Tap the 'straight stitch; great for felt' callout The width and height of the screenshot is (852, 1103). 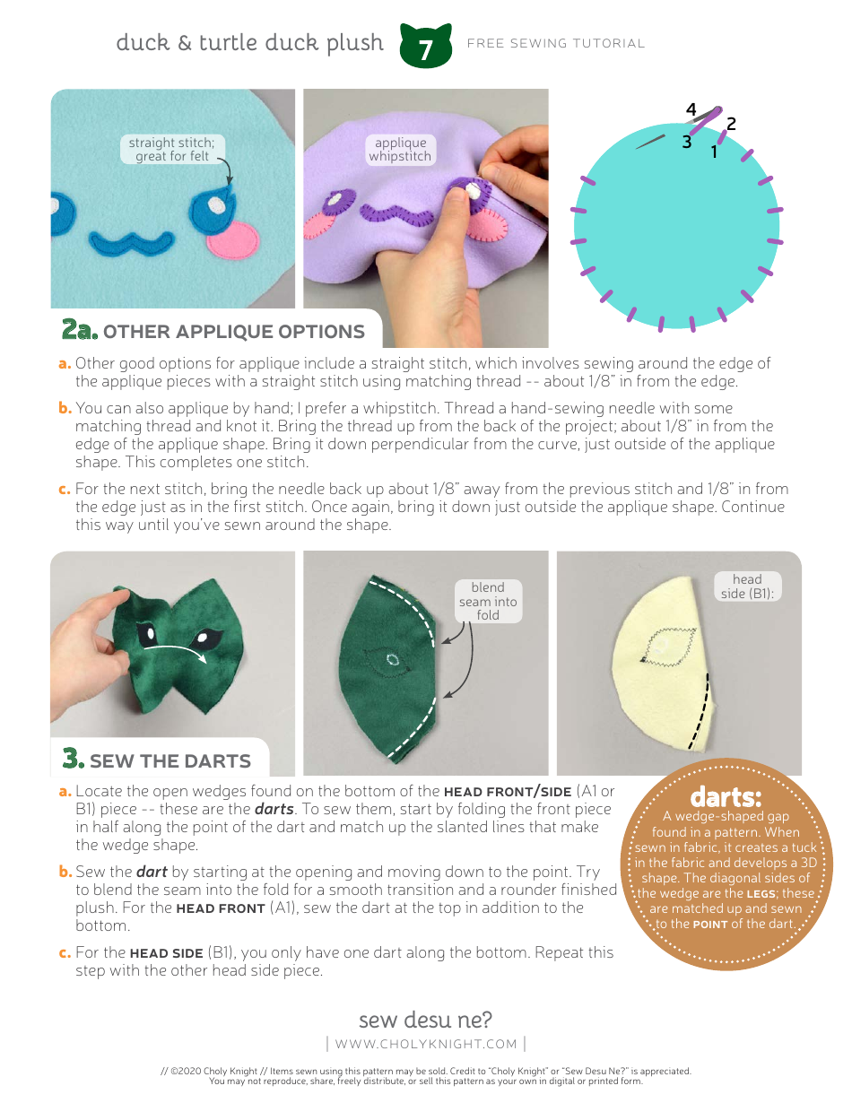[x=172, y=149]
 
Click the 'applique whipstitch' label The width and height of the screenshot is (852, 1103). [x=400, y=149]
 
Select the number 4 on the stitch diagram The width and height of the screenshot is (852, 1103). [x=691, y=110]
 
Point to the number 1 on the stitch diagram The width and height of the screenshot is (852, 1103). [x=714, y=152]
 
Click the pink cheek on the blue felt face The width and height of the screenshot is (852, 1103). [x=233, y=240]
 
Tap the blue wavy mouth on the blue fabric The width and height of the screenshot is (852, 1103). [x=130, y=240]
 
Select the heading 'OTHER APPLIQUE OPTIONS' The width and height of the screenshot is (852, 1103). [x=233, y=332]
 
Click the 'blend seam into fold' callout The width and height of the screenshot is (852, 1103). [x=488, y=601]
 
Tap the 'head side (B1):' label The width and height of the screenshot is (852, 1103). [x=746, y=586]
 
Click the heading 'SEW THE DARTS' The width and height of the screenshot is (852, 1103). [x=170, y=761]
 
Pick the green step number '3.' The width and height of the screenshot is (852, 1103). [x=74, y=760]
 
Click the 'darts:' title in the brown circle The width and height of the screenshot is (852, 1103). [x=726, y=797]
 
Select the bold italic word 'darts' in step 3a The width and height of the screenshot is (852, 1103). [x=274, y=809]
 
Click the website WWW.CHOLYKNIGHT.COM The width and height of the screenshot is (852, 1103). [x=426, y=1044]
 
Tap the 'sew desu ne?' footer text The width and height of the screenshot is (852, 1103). [x=425, y=1020]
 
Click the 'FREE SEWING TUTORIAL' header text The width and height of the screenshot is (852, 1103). [x=556, y=43]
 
